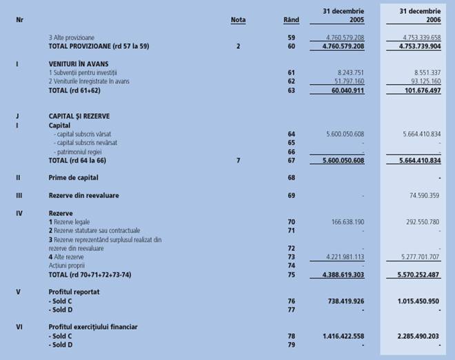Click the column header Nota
238,20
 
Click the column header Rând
291,20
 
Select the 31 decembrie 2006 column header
420,15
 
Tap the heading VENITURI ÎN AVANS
78,63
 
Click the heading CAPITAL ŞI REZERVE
79,117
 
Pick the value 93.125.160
422,81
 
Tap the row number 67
292,160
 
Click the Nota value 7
238,160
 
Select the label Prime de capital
74,178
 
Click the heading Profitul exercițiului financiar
93,327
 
